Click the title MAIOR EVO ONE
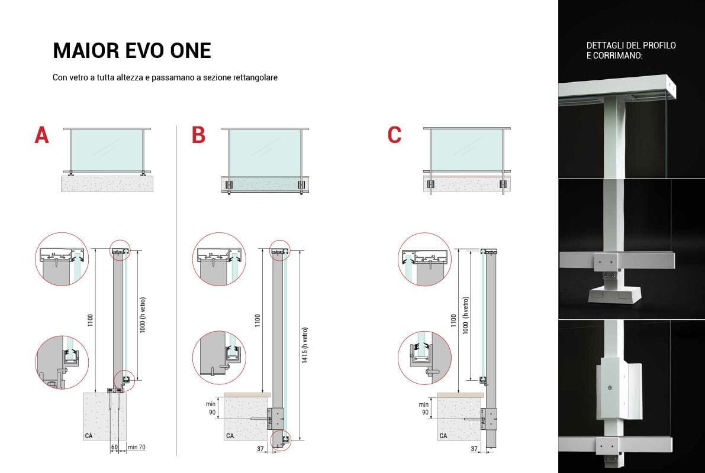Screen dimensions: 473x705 pyautogui.click(x=131, y=51)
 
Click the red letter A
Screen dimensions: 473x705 pyautogui.click(x=41, y=135)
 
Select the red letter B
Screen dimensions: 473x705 pyautogui.click(x=198, y=135)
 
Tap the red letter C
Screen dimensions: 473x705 pyautogui.click(x=394, y=135)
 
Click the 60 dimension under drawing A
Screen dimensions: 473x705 pyautogui.click(x=114, y=448)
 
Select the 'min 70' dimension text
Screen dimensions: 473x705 pyautogui.click(x=137, y=448)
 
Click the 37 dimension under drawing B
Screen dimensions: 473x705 pyautogui.click(x=260, y=449)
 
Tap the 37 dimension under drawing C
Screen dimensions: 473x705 pyautogui.click(x=474, y=449)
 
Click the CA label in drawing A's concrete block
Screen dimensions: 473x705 pyautogui.click(x=88, y=436)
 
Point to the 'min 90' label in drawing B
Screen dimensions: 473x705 pyautogui.click(x=211, y=407)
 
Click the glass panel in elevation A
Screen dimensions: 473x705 pyautogui.click(x=107, y=150)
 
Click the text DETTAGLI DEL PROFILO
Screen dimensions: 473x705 pyautogui.click(x=630, y=46)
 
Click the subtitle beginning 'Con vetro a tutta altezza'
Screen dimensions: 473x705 pyautogui.click(x=165, y=77)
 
